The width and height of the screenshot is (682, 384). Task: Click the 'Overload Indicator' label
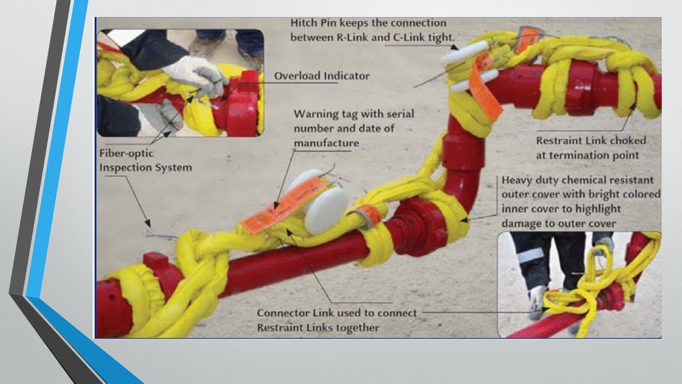pyautogui.click(x=322, y=76)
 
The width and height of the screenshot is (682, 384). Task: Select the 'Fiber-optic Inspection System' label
pyautogui.click(x=145, y=160)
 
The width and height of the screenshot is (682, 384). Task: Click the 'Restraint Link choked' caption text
pyautogui.click(x=590, y=141)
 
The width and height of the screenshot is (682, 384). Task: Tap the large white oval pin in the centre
pyautogui.click(x=326, y=210)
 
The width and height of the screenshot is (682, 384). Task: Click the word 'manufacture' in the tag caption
pyautogui.click(x=326, y=143)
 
